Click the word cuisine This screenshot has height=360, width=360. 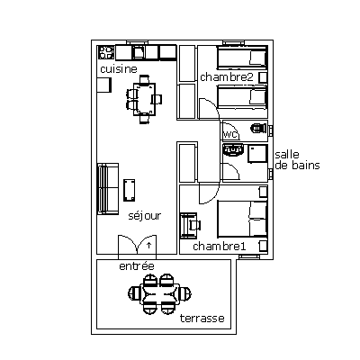click(119, 69)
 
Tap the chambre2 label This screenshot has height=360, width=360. click(227, 77)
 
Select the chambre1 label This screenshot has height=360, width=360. click(220, 247)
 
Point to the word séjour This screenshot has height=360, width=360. click(145, 216)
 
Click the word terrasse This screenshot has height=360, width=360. click(202, 318)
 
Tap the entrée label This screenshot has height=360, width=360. click(137, 265)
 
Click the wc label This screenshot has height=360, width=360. click(230, 134)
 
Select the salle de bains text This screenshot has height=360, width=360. click(297, 160)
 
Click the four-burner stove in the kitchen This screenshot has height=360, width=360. click(106, 52)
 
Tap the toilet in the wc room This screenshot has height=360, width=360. click(258, 128)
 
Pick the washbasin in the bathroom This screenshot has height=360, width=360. click(233, 149)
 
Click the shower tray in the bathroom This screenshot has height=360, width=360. click(257, 154)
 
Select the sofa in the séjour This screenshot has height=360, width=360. click(108, 189)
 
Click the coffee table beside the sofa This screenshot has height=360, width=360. click(130, 190)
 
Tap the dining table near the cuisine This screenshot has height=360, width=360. click(145, 99)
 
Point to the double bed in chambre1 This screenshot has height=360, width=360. click(242, 219)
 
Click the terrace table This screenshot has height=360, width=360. click(160, 293)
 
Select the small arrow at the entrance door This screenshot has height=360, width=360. click(148, 245)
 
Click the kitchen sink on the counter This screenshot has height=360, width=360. click(139, 52)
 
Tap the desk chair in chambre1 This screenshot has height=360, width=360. click(194, 225)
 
